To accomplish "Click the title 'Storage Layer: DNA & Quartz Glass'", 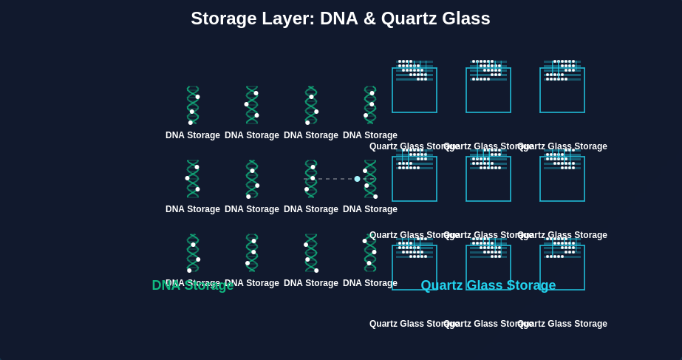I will pyautogui.click(x=341, y=18).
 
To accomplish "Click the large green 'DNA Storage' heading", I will pyautogui.click(x=193, y=285).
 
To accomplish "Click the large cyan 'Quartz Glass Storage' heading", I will pyautogui.click(x=488, y=285).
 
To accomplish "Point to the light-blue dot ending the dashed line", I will pyautogui.click(x=357, y=179).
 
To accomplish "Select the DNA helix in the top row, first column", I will pyautogui.click(x=193, y=105).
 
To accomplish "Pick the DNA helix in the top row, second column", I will pyautogui.click(x=252, y=105).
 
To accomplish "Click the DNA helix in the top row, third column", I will pyautogui.click(x=311, y=105).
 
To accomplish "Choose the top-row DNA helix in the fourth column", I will pyautogui.click(x=370, y=105).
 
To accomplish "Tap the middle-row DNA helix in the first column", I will pyautogui.click(x=193, y=179).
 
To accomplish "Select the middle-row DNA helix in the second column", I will pyautogui.click(x=252, y=179).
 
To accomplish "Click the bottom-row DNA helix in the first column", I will pyautogui.click(x=193, y=253).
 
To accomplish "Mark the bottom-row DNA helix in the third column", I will pyautogui.click(x=311, y=253).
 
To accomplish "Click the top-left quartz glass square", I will pyautogui.click(x=415, y=90).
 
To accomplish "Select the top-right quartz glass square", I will pyautogui.click(x=562, y=90).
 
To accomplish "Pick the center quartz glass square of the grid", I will pyautogui.click(x=488, y=179).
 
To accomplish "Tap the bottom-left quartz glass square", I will pyautogui.click(x=415, y=268).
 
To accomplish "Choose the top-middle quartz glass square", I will pyautogui.click(x=488, y=90).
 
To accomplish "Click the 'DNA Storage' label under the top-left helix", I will pyautogui.click(x=193, y=135).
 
